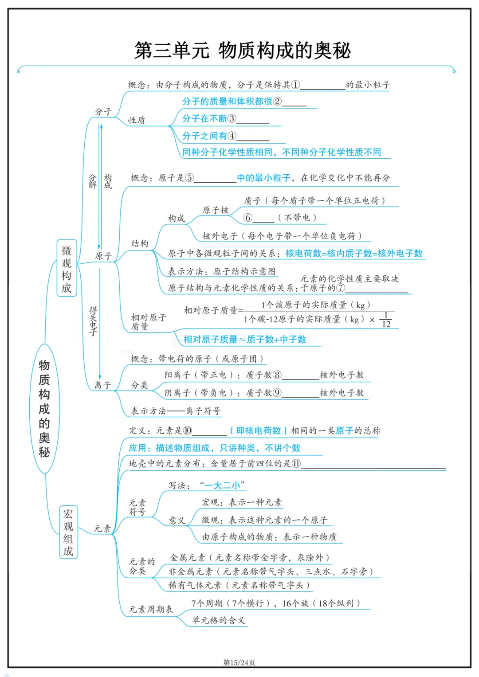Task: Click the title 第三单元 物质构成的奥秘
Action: [242, 51]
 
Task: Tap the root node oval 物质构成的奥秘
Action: [44, 408]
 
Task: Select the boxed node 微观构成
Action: [67, 269]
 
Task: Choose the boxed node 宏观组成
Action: [68, 532]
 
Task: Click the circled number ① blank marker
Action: [295, 85]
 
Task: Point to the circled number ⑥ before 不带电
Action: [248, 218]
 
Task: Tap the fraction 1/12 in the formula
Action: [386, 320]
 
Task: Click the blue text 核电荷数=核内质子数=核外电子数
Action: [354, 253]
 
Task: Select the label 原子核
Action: [216, 210]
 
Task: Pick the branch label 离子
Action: [102, 385]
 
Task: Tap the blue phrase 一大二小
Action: [222, 485]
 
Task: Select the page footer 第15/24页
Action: [239, 662]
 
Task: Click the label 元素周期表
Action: [151, 609]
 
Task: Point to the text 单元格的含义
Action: [218, 620]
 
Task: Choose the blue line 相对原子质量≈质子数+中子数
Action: [245, 340]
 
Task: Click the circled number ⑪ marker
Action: [296, 463]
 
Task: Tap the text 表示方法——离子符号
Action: [176, 411]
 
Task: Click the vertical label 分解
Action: [93, 181]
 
